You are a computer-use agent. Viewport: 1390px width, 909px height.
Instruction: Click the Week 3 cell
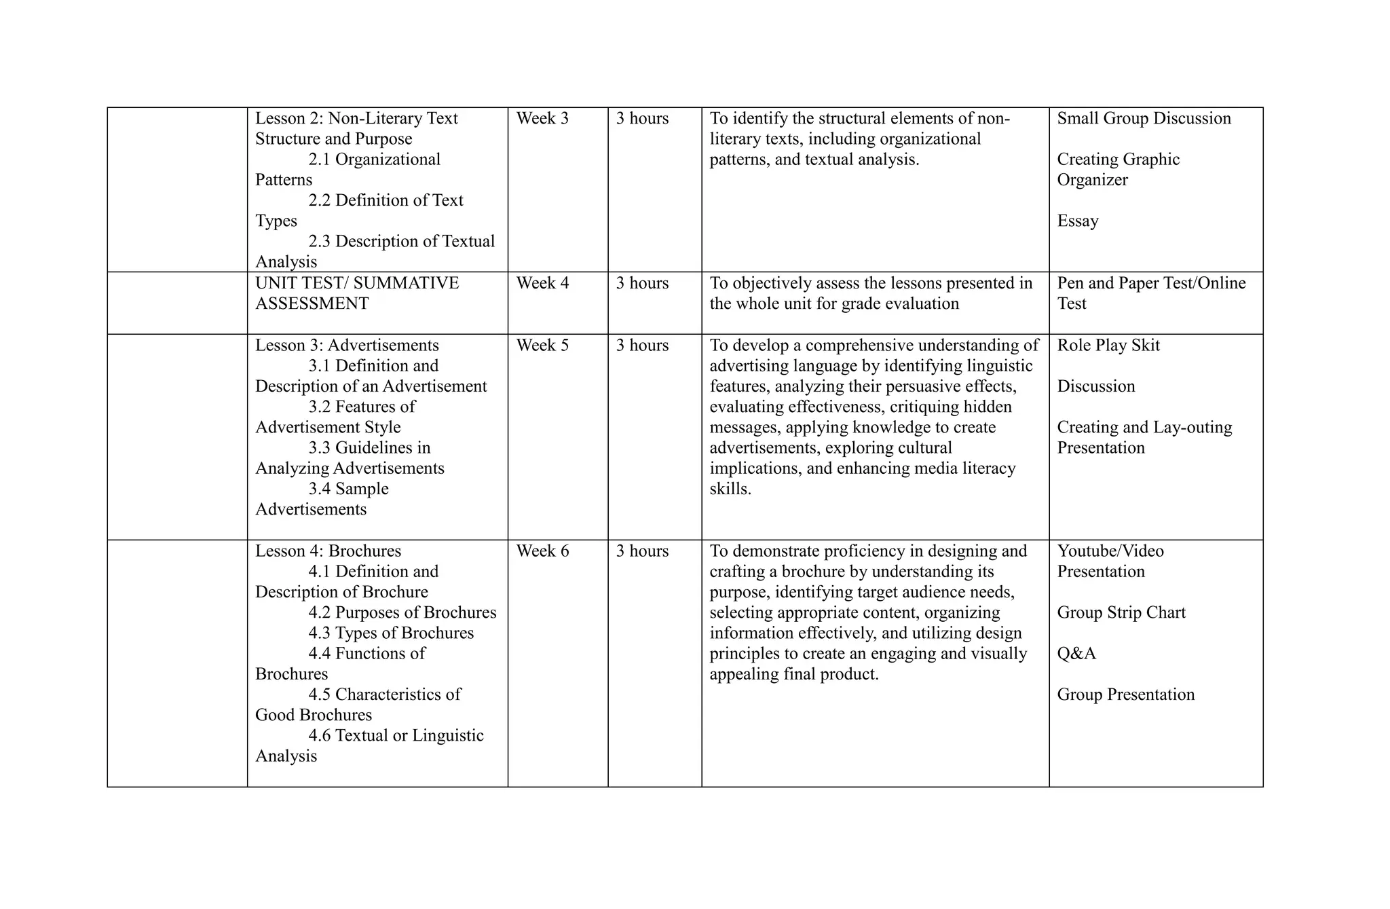542,119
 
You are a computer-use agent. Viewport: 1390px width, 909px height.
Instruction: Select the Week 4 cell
542,283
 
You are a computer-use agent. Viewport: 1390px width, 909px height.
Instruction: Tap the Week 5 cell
542,346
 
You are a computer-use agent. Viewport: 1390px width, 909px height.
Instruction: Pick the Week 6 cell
542,551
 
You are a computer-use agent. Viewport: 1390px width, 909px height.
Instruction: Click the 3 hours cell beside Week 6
642,551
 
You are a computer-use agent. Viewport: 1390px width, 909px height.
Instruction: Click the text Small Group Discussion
1144,119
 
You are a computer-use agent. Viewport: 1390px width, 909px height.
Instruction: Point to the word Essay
1077,221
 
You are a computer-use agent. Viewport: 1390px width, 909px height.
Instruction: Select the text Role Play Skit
1108,346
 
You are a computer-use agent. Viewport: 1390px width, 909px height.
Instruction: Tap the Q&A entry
1076,654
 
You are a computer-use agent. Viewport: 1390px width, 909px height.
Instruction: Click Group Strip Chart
1121,612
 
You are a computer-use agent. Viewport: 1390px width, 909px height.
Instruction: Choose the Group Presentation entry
1125,694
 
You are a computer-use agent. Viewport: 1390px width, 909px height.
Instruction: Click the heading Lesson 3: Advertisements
347,346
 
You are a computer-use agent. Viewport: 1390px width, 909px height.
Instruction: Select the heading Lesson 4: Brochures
328,551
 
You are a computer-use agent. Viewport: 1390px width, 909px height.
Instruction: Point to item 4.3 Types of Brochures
391,633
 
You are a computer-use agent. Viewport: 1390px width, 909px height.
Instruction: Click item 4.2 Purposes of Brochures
402,612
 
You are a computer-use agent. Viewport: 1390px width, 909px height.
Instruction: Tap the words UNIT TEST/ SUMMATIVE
357,283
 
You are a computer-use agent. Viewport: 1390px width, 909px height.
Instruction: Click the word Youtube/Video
1110,551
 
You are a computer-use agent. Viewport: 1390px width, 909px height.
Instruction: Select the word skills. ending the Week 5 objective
730,489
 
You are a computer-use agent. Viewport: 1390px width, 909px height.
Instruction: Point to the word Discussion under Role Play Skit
1095,386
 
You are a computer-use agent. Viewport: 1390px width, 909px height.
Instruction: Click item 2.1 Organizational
374,160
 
